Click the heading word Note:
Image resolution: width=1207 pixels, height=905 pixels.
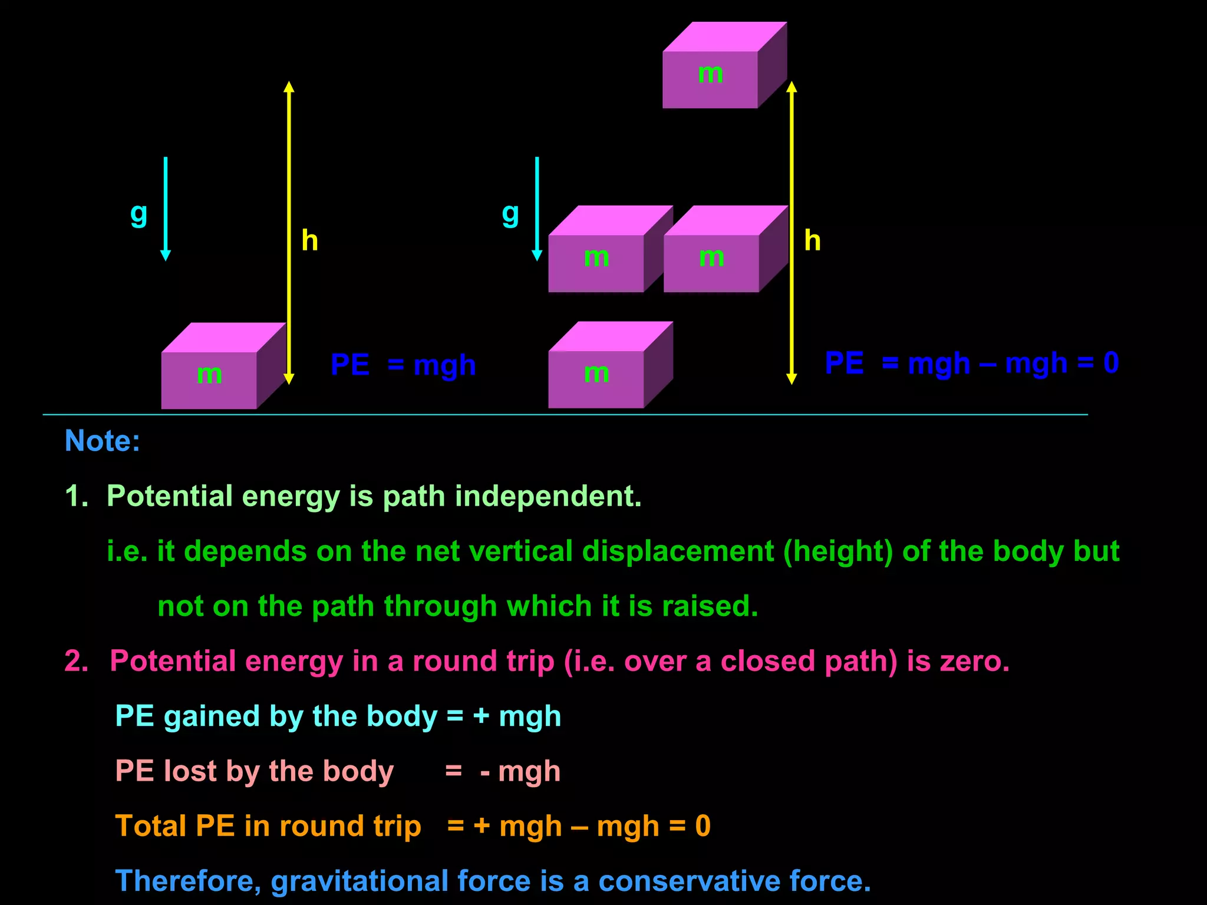point(102,441)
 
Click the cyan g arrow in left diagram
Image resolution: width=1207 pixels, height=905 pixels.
point(166,209)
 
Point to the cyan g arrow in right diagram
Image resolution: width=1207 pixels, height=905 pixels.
point(537,209)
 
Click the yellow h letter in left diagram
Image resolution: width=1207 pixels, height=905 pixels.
point(309,240)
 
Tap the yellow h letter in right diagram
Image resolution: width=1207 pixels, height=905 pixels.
point(812,240)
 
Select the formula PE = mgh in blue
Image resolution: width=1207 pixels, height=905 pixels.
point(403,365)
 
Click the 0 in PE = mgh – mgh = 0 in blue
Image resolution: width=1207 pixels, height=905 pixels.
point(1111,362)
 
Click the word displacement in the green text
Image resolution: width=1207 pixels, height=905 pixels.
point(678,551)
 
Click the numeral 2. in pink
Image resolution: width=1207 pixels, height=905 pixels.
point(77,660)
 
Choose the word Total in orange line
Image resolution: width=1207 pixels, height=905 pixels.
point(151,825)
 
